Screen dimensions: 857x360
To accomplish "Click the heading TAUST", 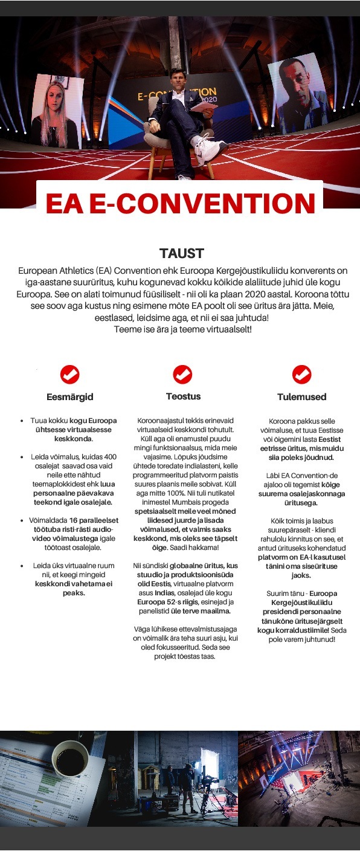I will [x=182, y=253].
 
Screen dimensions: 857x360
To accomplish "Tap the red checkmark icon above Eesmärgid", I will [x=70, y=375].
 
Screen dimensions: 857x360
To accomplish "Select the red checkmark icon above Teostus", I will [x=182, y=375].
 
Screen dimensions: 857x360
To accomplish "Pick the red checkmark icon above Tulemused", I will [x=301, y=375].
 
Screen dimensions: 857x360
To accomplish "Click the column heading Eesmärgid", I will [x=70, y=397].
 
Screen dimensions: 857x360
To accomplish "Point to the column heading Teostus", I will [x=183, y=396].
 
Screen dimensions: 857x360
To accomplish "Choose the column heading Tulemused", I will [x=301, y=397].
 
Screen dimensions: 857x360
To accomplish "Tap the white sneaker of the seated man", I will [x=213, y=148].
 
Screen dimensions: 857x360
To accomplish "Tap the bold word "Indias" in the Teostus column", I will [x=164, y=592].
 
